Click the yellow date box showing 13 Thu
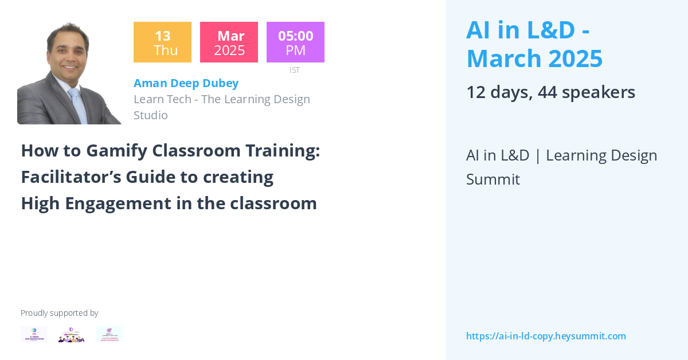point(162,42)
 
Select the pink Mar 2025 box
point(229,42)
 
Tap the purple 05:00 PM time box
point(295,42)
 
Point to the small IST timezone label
point(295,70)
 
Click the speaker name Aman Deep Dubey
point(186,83)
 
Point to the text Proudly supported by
point(60,313)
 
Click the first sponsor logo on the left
point(34,334)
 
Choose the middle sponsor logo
point(72,334)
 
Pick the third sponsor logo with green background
point(110,334)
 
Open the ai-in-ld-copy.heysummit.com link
point(546,336)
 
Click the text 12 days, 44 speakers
point(550,92)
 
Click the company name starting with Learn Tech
point(221,99)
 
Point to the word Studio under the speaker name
point(151,115)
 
